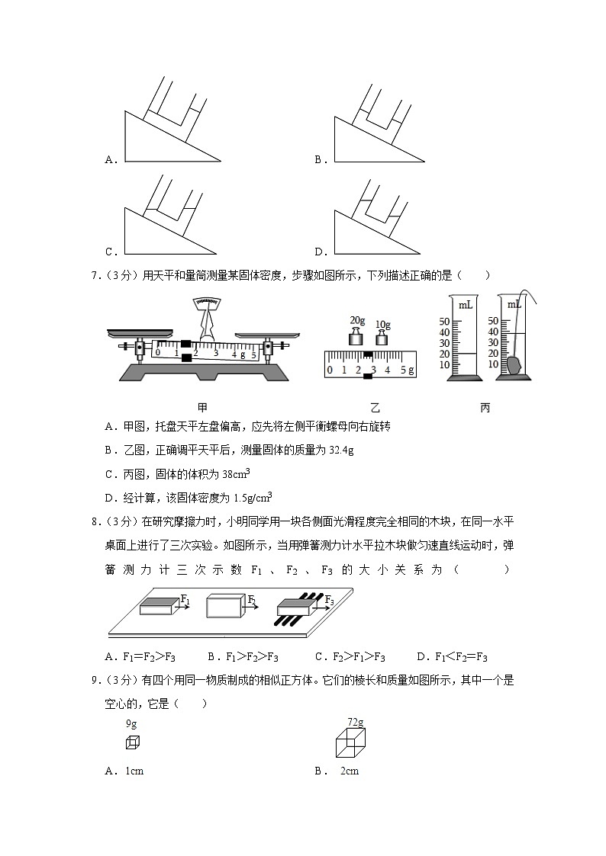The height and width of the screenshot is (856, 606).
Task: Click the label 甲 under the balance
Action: [x=202, y=408]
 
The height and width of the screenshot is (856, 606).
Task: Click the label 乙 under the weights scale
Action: [x=374, y=408]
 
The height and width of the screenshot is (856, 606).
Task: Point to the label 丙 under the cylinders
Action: [x=485, y=408]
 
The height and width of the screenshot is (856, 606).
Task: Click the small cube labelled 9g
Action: [x=132, y=742]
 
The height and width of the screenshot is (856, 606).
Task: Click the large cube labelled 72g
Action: [x=352, y=742]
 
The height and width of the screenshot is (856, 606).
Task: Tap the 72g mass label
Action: [x=355, y=721]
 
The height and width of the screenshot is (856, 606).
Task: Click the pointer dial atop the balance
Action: [x=205, y=303]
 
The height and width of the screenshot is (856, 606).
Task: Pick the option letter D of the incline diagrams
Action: [x=319, y=252]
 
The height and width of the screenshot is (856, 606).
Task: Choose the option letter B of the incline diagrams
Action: [x=319, y=160]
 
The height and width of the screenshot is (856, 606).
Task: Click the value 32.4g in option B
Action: [x=340, y=450]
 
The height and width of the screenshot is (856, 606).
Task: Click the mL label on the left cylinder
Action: [x=465, y=305]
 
